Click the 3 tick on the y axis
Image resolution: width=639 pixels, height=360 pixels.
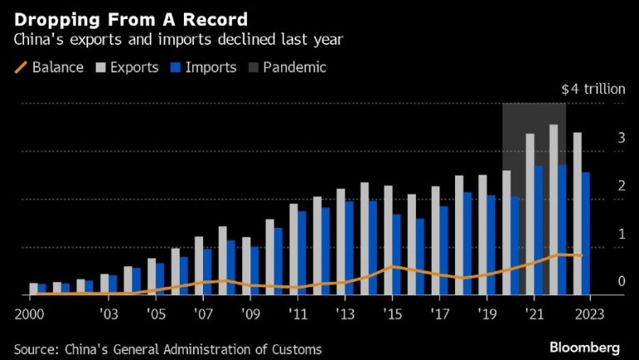pos(621,138)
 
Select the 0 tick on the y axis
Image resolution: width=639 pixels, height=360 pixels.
pos(621,282)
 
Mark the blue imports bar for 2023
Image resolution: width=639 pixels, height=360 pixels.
pos(586,234)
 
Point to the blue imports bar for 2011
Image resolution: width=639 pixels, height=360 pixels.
pos(302,253)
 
